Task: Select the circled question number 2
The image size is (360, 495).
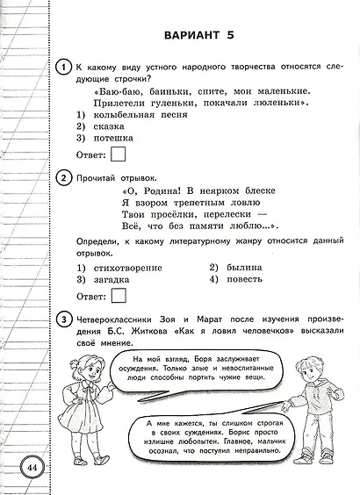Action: (x=62, y=178)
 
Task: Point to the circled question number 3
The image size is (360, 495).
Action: (x=62, y=317)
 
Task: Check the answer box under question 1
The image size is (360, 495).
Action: (x=118, y=156)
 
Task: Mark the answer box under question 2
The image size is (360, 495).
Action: (x=118, y=296)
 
